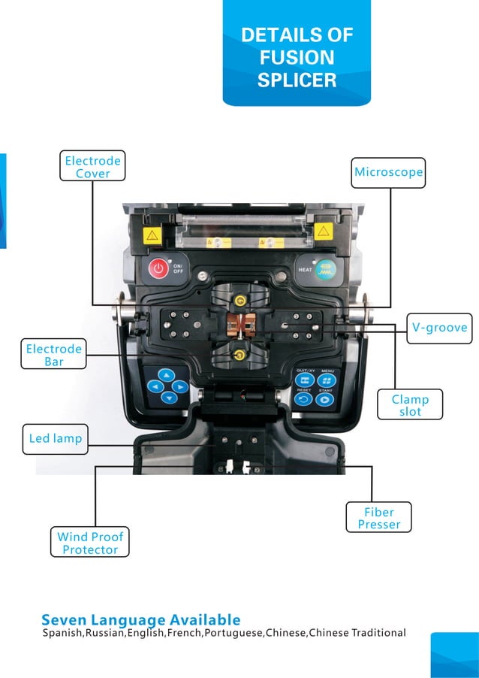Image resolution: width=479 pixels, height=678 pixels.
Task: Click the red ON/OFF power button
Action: coord(158,268)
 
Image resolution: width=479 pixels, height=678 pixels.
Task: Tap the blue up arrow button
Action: coord(167,374)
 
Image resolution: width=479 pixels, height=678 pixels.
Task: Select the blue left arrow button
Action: coord(155,386)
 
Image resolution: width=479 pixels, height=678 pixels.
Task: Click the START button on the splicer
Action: coord(325,400)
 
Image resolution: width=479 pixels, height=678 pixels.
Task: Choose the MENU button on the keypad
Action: coord(327,380)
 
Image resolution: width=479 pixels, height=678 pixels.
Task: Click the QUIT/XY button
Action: coord(305,380)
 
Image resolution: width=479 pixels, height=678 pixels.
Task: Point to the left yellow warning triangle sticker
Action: coord(152,235)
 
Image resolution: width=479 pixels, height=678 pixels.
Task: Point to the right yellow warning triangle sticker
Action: coord(324,233)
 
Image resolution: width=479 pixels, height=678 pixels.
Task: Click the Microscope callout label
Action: coord(389,173)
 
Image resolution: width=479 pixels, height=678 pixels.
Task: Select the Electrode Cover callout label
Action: coord(92,167)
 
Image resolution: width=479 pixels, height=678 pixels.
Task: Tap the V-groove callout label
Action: coord(439,327)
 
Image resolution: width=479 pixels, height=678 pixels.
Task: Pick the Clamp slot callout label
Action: coord(410,405)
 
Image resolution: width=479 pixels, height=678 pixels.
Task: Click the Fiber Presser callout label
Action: coord(378,518)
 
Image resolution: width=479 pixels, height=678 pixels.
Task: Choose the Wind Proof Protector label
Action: coord(90,543)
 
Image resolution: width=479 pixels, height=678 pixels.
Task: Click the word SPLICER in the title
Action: coord(297,80)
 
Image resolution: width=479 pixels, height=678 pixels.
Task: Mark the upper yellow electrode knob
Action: coord(239,301)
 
